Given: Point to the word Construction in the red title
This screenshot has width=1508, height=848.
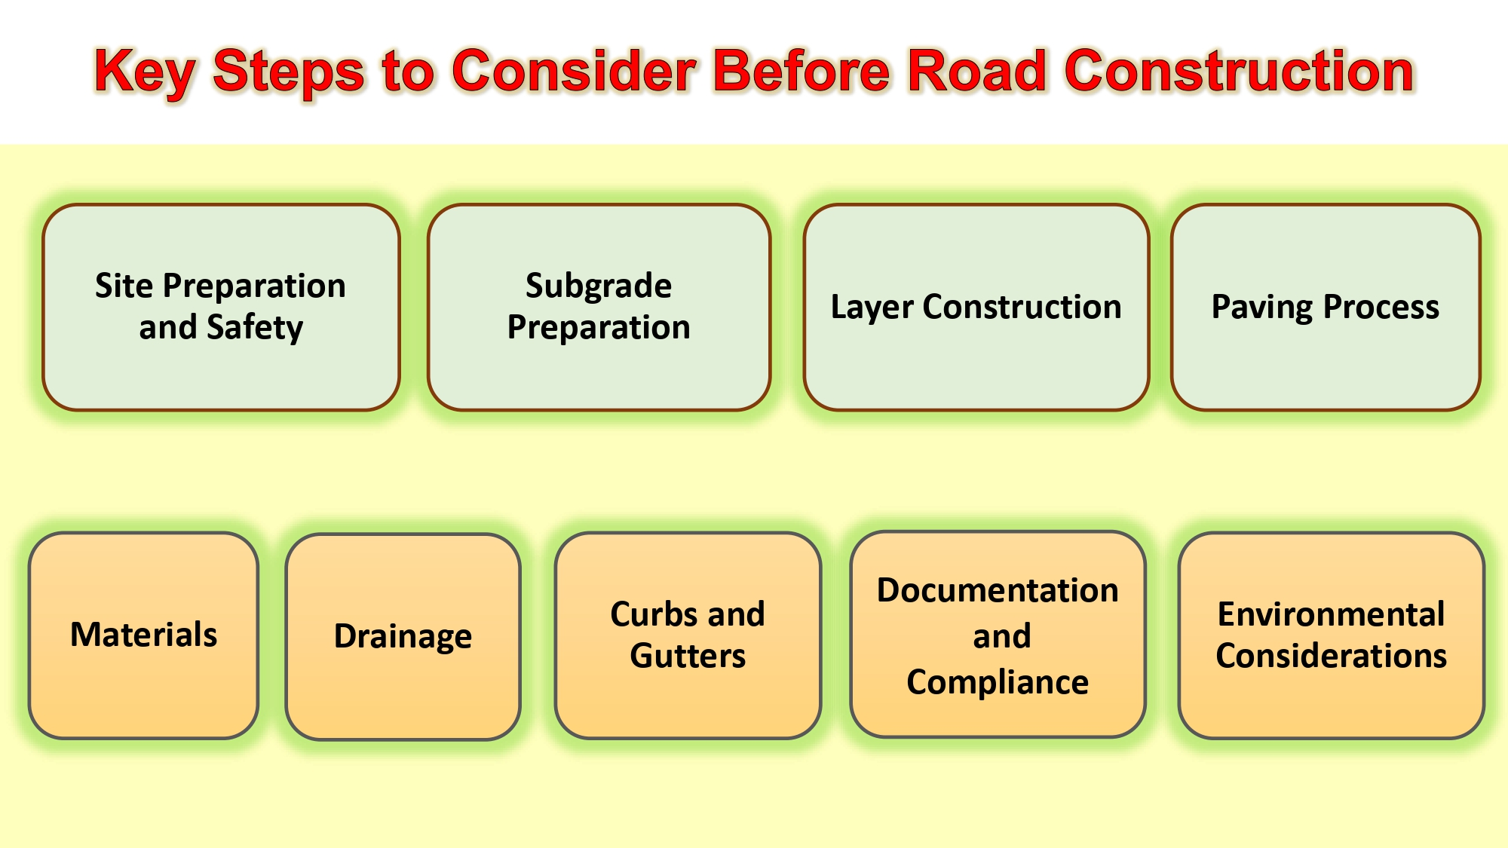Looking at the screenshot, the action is coord(1239,71).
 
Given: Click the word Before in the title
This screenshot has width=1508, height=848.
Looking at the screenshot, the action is coord(802,71).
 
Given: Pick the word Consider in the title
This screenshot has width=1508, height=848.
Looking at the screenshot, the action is coord(574,71).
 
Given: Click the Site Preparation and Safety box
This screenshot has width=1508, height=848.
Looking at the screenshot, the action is coord(221,308).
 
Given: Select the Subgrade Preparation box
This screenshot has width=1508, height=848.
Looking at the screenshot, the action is coord(599,308).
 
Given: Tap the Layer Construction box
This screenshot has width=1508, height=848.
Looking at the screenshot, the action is coord(976,308).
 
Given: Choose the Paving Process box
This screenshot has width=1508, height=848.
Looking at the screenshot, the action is coord(1326,308).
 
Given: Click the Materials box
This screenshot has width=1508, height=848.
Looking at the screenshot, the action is coord(143,635).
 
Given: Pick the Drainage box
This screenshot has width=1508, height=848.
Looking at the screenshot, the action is coord(403,637).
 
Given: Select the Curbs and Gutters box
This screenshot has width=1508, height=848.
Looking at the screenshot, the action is coord(688,635).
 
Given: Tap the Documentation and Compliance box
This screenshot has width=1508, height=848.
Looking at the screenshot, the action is coord(998,634).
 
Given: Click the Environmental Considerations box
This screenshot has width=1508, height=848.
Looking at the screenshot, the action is coord(1332,635).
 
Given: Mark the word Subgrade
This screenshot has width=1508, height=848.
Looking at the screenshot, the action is coord(599,286).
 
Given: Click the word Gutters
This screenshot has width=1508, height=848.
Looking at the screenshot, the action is coord(688,656).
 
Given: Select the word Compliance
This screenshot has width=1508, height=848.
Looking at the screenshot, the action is coord(998,683).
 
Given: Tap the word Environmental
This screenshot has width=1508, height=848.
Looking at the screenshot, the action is coord(1332,614).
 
